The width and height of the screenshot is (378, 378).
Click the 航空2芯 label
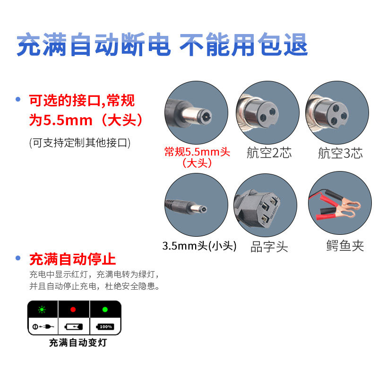tap(269, 153)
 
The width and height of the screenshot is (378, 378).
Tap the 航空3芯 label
tap(340, 153)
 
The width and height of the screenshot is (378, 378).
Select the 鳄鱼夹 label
tap(345, 246)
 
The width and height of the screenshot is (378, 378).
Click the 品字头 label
tap(269, 247)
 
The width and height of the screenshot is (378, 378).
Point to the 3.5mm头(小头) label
tap(199, 246)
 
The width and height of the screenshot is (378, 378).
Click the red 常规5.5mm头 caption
tap(197, 152)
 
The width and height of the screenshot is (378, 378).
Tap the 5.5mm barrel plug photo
tap(196, 112)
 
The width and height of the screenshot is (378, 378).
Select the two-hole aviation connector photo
tap(267, 112)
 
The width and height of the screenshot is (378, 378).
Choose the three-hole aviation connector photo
tap(337, 112)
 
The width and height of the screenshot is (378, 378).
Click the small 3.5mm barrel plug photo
tap(196, 205)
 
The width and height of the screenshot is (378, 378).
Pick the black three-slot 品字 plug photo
tap(266, 205)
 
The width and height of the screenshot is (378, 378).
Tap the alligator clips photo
tap(340, 203)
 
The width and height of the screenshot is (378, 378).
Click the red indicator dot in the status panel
tap(73, 309)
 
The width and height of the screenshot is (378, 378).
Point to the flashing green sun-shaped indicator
tap(42, 309)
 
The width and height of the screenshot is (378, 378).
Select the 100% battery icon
tap(105, 327)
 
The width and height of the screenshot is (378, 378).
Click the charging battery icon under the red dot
tap(74, 327)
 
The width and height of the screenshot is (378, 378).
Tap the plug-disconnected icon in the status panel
tap(43, 327)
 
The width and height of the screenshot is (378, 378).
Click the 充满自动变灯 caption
tap(78, 343)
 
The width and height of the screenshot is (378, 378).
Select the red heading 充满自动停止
tap(73, 259)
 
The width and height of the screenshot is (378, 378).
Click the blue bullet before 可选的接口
tap(18, 99)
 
